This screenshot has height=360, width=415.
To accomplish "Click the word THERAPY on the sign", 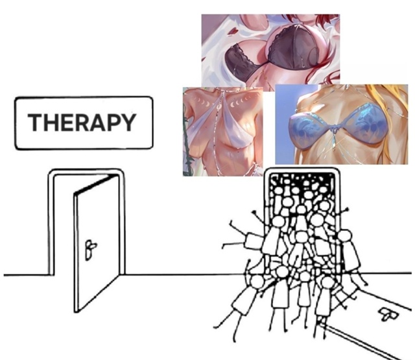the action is pos(82,123).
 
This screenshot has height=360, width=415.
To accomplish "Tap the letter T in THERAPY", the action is pos(35,123).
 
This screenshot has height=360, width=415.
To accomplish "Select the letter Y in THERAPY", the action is pos(128,123).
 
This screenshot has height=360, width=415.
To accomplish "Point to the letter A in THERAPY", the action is pos(97,123).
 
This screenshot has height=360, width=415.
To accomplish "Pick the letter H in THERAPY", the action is pos(51,123).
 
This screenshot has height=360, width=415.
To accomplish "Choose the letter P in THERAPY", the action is pos(113,123).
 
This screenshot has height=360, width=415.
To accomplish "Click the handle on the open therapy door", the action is pos(90,250).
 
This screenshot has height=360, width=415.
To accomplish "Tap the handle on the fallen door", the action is pos(388,315).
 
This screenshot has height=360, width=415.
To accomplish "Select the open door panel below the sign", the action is pos(97,243).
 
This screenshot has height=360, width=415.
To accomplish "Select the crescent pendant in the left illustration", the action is pos(219,106).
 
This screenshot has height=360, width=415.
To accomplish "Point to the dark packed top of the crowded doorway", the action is pos(302,180).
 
